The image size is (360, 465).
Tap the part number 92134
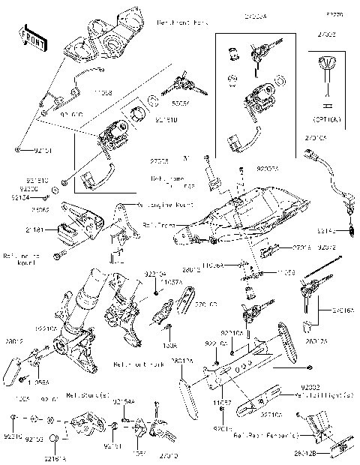pos(20,197)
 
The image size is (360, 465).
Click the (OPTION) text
pos(327,119)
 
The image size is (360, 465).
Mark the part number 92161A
pos(55,457)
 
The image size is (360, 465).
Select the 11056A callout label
pos(232,265)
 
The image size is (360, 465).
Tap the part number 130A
pos(170,346)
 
